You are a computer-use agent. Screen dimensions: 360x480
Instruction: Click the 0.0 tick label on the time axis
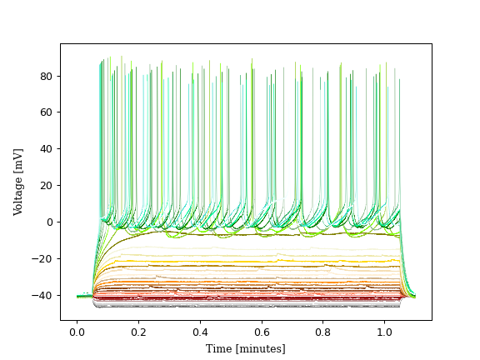(77, 331)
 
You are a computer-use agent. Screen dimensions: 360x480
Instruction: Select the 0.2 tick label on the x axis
(138, 331)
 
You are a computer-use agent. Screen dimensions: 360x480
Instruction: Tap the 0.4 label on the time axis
(200, 331)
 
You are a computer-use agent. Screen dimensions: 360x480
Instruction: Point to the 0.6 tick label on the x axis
(262, 331)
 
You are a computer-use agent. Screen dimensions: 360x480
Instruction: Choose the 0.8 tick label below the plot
(323, 331)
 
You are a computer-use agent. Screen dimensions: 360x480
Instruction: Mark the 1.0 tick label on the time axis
(385, 331)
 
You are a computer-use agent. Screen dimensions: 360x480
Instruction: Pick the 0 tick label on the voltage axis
(51, 222)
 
